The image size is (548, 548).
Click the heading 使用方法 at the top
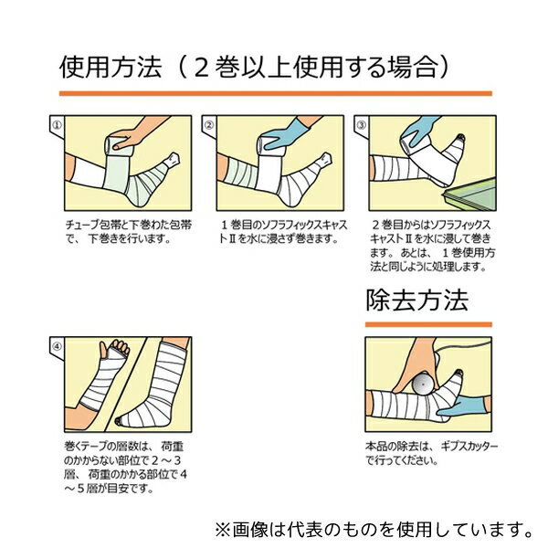tap(111, 67)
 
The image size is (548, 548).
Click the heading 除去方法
tap(417, 300)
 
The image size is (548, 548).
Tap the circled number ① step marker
tap(57, 125)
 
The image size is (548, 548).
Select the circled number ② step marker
tap(209, 125)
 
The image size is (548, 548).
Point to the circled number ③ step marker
tap(362, 125)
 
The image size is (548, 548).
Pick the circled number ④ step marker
tap(57, 346)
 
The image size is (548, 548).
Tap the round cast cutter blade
tap(423, 384)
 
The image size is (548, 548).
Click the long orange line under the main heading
tap(276, 94)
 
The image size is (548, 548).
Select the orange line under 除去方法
tap(428, 324)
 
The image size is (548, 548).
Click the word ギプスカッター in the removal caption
tap(469, 447)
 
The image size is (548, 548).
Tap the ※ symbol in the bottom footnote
tap(222, 530)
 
